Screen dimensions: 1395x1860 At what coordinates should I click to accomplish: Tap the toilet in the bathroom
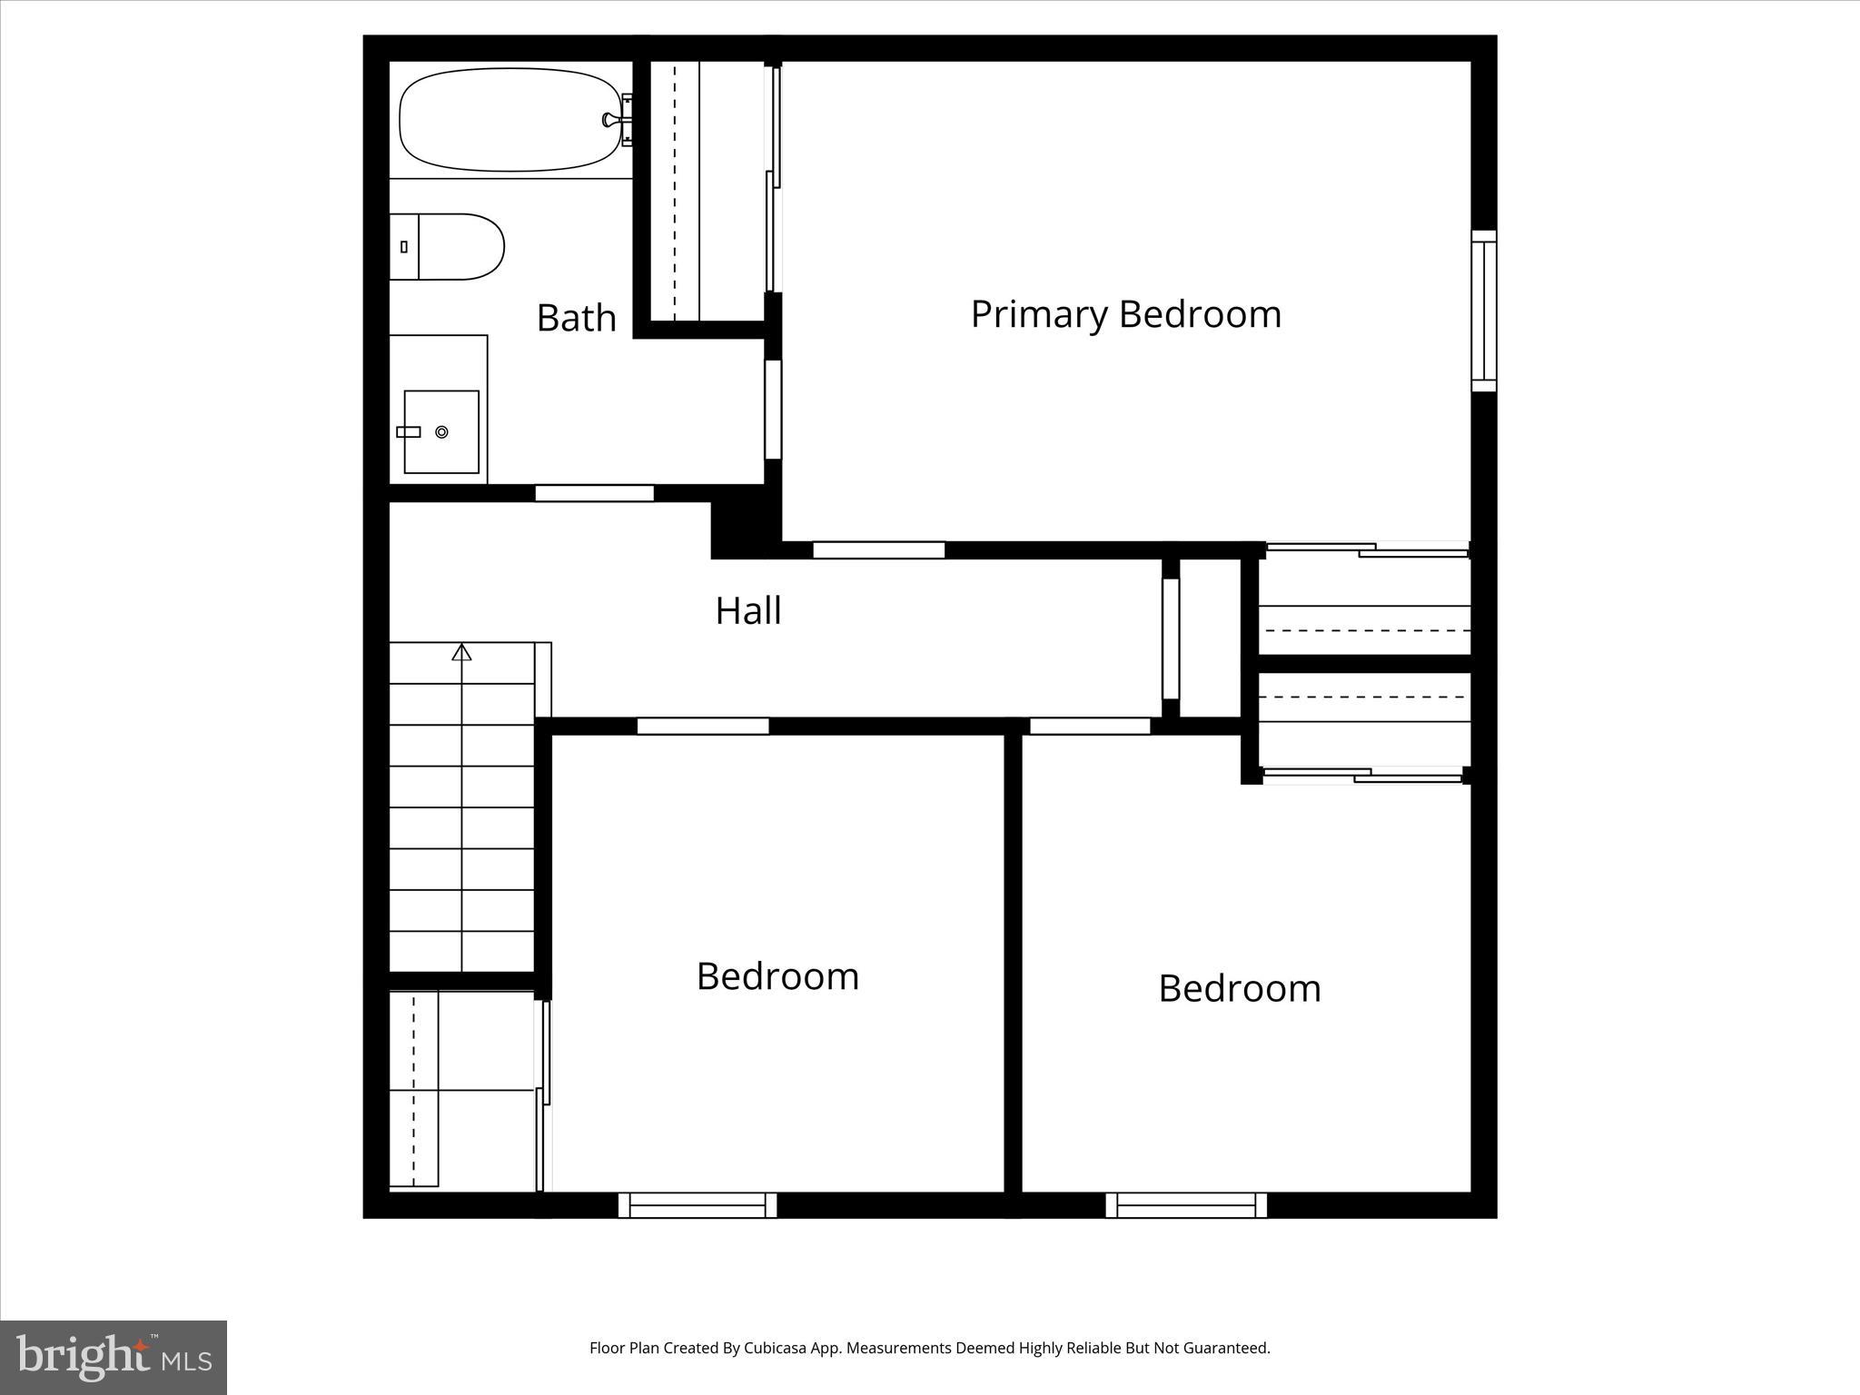point(458,247)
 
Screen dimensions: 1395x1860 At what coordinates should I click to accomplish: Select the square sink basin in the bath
point(441,432)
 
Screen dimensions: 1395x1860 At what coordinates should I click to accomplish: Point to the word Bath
point(576,318)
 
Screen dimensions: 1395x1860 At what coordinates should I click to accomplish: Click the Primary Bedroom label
point(1125,314)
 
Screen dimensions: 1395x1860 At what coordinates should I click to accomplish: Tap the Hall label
point(747,610)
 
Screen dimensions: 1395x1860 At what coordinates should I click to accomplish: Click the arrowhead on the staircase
point(462,651)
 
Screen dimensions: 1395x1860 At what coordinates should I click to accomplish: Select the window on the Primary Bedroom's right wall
point(1483,311)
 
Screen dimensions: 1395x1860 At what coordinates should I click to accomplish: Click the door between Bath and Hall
point(594,493)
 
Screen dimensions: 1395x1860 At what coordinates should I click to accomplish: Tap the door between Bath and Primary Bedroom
point(773,410)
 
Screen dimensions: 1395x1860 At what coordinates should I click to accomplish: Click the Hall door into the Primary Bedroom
point(878,549)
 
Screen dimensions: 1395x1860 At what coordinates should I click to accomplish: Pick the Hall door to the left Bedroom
point(703,726)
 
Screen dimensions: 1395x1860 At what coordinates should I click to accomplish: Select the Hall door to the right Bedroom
point(1090,726)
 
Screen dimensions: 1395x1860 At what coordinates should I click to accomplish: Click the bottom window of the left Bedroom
point(697,1205)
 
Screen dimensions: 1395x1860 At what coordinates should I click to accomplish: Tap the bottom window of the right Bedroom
point(1186,1205)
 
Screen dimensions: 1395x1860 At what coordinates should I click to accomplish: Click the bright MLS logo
point(114,1357)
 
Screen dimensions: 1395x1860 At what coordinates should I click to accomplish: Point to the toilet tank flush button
point(403,247)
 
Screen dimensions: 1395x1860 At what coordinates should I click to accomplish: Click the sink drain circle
point(442,432)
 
